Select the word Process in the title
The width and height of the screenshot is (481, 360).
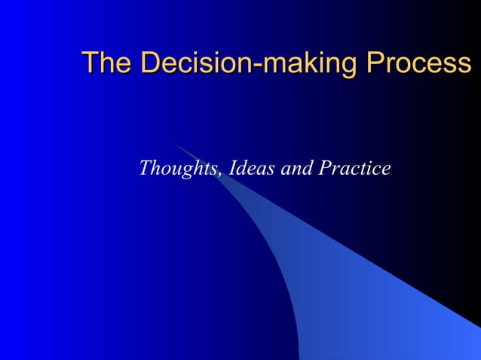418,63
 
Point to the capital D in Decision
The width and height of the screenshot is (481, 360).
150,63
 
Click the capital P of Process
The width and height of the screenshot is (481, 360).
375,63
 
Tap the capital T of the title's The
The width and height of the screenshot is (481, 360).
90,63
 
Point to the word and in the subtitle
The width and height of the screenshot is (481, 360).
296,169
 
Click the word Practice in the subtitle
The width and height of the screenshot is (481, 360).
354,168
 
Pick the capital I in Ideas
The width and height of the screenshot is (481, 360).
231,168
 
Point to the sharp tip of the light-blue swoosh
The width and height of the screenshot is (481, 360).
173,143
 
